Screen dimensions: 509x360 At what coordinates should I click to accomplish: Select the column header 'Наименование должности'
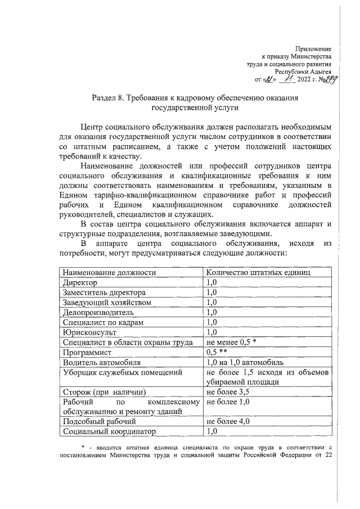(109, 273)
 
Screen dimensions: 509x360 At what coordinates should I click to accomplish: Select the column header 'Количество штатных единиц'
(259, 273)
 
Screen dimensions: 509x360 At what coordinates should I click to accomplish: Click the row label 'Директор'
(80, 283)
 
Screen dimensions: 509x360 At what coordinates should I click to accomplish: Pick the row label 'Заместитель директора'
(104, 293)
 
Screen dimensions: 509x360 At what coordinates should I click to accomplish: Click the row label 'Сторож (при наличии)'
(105, 393)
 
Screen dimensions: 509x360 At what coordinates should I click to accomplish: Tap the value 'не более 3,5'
(228, 393)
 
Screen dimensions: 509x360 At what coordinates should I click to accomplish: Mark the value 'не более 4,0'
(228, 422)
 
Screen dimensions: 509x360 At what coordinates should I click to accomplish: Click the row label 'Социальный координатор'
(109, 432)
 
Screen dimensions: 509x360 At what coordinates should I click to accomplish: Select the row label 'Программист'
(87, 353)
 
